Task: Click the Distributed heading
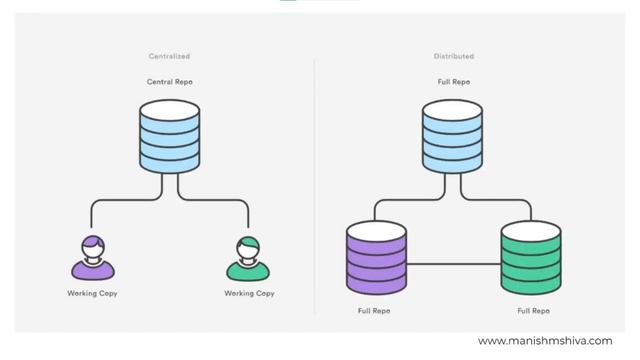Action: [455, 56]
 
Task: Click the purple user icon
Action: [93, 257]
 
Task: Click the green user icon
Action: [249, 257]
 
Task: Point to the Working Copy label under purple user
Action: [92, 293]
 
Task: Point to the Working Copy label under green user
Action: [249, 293]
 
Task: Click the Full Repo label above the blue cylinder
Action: [455, 81]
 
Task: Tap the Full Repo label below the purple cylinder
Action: [375, 311]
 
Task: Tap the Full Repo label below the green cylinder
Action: [531, 311]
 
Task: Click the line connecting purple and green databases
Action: [453, 265]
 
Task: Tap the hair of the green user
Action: [249, 241]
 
